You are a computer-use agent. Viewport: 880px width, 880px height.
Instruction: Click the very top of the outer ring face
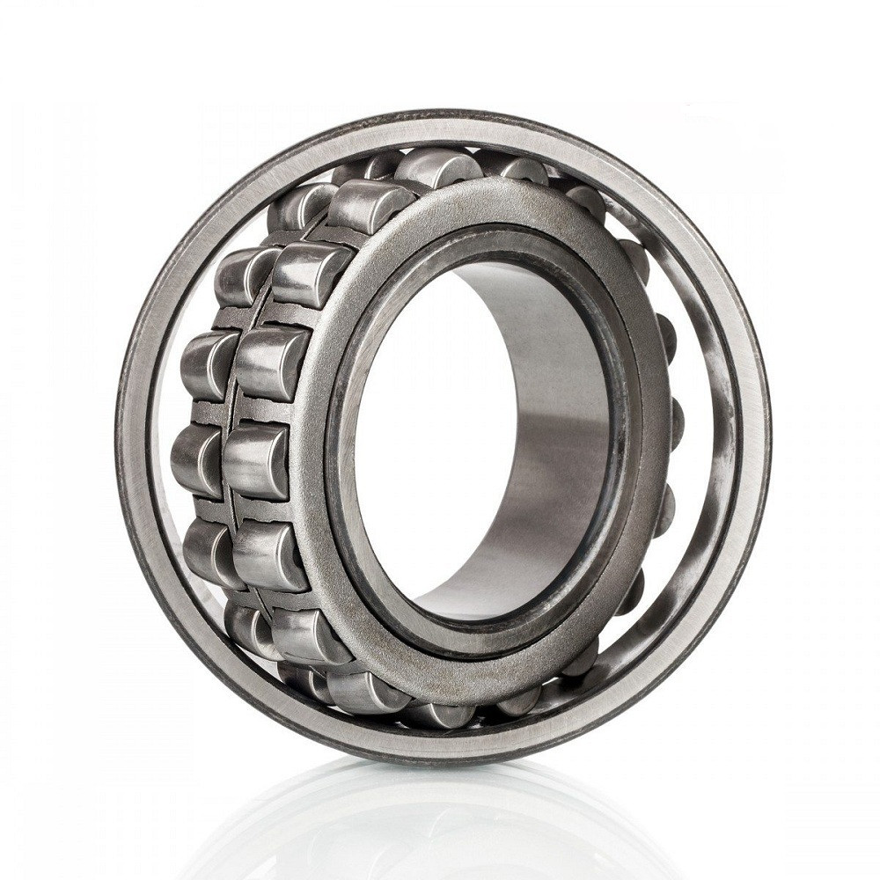pyautogui.click(x=440, y=121)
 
